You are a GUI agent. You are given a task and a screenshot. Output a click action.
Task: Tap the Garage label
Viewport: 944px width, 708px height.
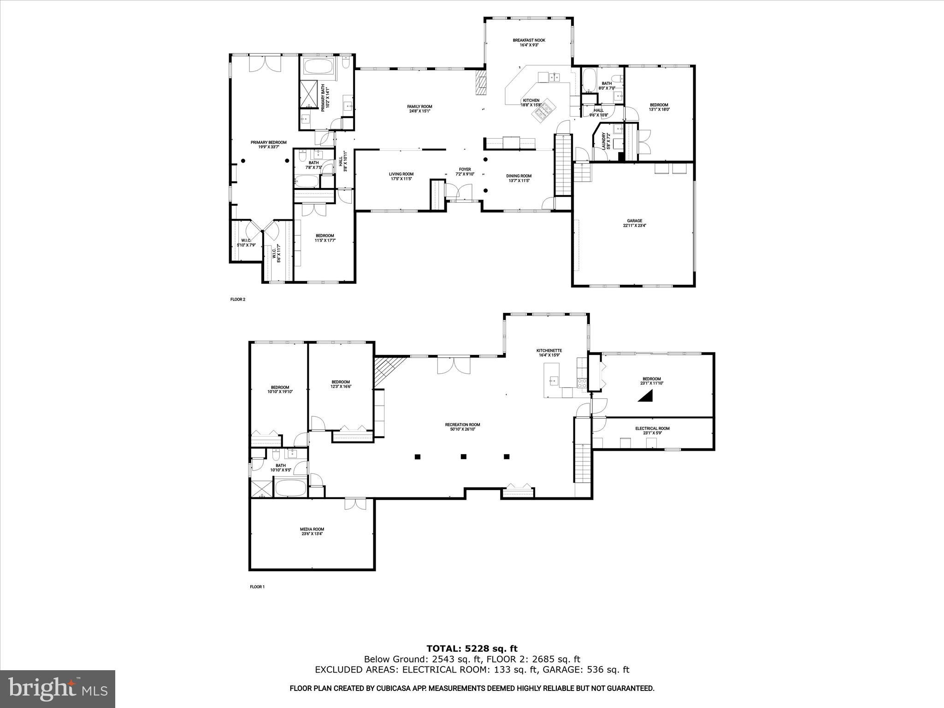634,223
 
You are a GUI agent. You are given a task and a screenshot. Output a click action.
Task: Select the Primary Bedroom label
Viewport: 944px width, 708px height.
268,144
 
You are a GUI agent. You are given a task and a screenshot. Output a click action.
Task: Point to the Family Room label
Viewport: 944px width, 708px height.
419,108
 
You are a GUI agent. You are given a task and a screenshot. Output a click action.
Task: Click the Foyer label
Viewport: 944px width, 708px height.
465,171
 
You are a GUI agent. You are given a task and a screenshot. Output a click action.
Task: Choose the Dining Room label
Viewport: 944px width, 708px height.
519,178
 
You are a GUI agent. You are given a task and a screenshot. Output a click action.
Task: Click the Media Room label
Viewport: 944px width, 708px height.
312,531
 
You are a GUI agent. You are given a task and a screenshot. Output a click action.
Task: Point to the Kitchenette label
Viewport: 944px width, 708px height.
549,353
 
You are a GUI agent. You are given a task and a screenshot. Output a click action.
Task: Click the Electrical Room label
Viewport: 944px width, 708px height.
652,431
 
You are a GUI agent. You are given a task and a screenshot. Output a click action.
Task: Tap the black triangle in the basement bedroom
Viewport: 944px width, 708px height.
647,396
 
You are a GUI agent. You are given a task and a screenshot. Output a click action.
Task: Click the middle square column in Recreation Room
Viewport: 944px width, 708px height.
464,457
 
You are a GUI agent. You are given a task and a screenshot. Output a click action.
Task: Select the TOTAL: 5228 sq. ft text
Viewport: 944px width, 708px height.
472,649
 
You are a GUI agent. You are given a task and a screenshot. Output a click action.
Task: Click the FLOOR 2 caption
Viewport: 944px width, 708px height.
238,300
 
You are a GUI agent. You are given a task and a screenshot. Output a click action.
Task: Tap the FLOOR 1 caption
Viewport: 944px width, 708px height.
257,587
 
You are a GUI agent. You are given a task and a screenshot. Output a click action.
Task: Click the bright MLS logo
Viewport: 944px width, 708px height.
58,689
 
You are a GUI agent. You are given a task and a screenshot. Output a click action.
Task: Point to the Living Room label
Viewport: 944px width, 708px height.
401,177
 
